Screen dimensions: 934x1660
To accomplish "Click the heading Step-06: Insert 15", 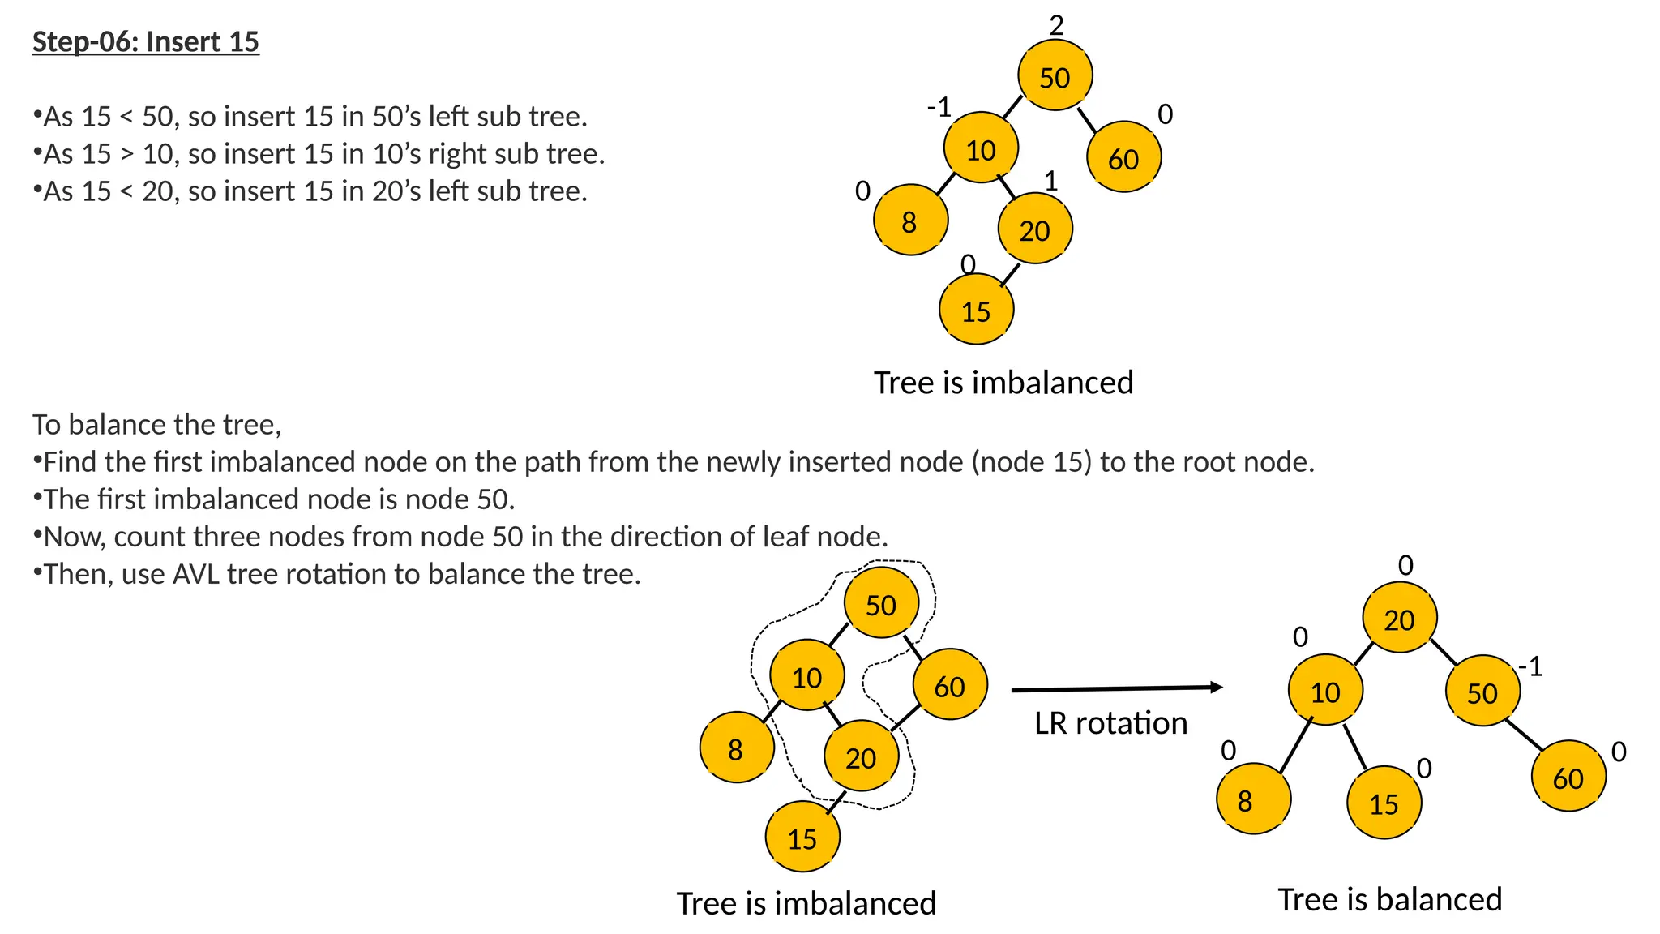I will (146, 41).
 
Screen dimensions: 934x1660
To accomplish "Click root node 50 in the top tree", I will (1055, 76).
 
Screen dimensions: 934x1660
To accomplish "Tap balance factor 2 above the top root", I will (1056, 26).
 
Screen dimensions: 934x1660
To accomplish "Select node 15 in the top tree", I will (976, 310).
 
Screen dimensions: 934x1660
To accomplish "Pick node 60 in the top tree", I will (1123, 157).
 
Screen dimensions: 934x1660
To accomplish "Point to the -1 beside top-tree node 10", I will (939, 106).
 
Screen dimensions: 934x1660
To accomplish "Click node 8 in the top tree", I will (910, 221).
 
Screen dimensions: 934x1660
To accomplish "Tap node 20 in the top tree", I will (1035, 229).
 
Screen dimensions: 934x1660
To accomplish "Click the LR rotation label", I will (1110, 723).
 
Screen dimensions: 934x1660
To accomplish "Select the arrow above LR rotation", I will (1116, 688).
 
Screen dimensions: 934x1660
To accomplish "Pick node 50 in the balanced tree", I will (1482, 692).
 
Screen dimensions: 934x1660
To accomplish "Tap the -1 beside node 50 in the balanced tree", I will (1530, 666).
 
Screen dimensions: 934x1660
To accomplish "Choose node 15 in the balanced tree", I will (1384, 803).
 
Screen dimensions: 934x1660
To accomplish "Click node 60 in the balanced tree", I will (1568, 777).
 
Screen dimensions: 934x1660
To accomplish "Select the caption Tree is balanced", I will (1389, 899).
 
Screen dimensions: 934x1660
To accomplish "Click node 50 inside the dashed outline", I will (881, 604).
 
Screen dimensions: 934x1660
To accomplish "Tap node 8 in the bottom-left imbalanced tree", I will (736, 748).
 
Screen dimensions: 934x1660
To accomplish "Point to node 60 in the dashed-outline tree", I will (949, 685).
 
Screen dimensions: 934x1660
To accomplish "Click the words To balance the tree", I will (157, 424).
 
